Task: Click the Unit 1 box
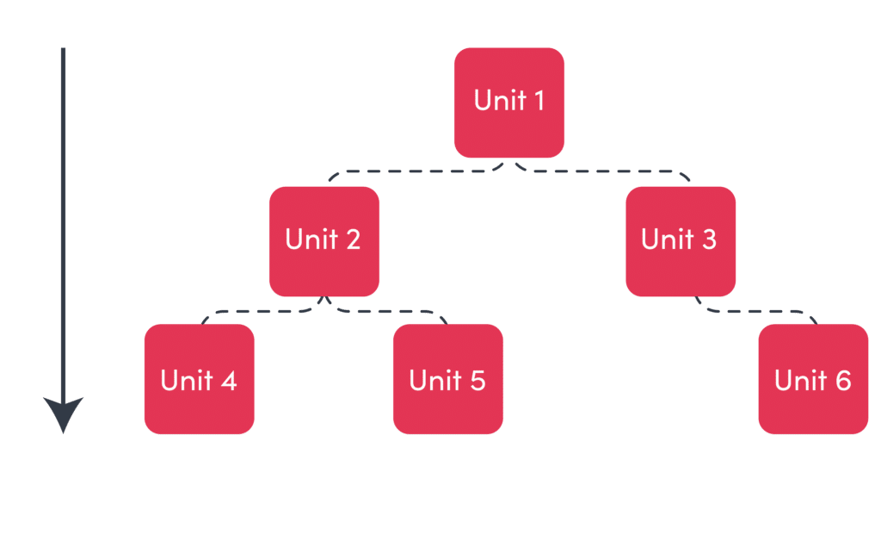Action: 509,103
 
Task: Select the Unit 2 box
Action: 324,241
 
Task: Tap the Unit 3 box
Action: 681,241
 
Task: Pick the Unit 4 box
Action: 200,379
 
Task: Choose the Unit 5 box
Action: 447,379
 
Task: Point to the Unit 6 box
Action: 813,379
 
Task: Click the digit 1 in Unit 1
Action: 539,101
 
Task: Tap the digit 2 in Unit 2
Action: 353,239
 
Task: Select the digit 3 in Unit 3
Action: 709,239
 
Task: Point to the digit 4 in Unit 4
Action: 229,380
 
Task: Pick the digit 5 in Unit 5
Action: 477,380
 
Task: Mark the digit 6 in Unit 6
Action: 843,380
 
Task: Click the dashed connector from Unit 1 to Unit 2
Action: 416,171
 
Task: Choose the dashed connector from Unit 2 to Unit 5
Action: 388,311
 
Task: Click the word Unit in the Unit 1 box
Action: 500,101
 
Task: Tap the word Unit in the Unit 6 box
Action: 801,380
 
